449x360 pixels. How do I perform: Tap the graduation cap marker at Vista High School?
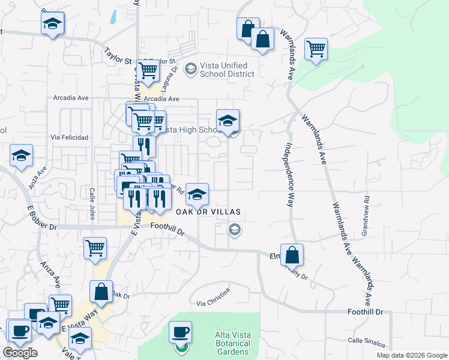pyautogui.click(x=228, y=122)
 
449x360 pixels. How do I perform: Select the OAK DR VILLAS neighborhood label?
pyautogui.click(x=208, y=212)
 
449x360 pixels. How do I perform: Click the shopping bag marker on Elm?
pyautogui.click(x=292, y=256)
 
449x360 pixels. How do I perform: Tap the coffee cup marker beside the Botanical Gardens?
pyautogui.click(x=179, y=332)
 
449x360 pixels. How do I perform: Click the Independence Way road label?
pyautogui.click(x=289, y=174)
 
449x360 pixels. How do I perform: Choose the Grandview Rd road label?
pyautogui.click(x=366, y=207)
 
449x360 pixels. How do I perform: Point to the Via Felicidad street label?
pyautogui.click(x=70, y=137)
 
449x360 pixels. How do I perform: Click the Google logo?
pyautogui.click(x=20, y=353)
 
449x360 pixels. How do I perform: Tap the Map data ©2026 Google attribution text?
pyautogui.click(x=412, y=355)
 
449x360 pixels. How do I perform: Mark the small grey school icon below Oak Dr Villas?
pyautogui.click(x=235, y=229)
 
